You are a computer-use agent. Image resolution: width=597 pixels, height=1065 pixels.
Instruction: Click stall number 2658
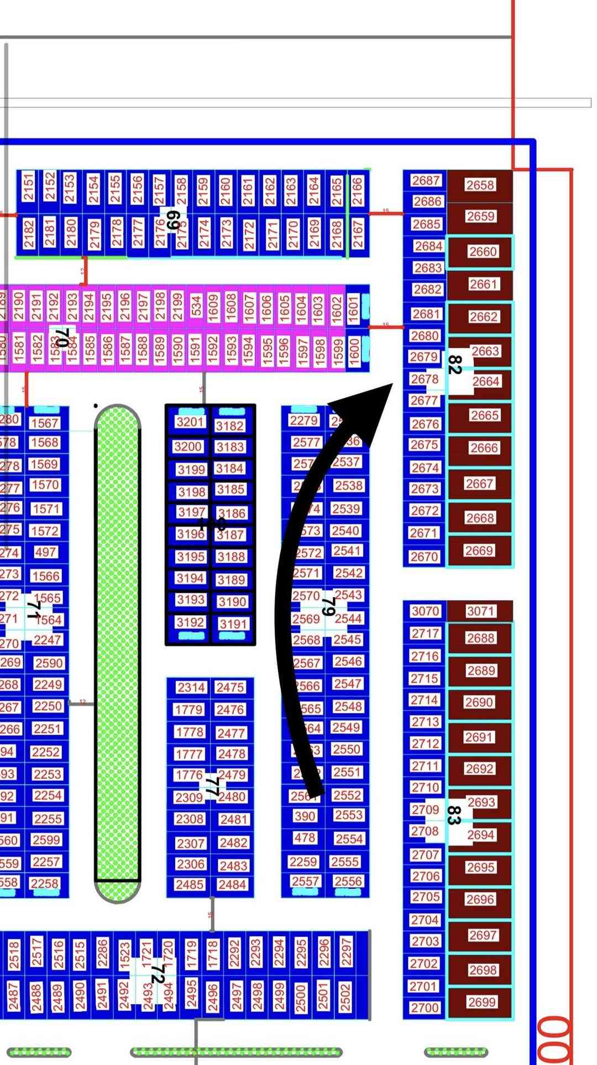[x=480, y=185]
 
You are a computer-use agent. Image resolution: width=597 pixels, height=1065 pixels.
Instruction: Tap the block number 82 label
[x=454, y=365]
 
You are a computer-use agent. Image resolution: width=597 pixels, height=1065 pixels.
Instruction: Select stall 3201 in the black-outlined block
[x=190, y=422]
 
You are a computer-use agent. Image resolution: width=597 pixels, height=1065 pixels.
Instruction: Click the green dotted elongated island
[x=117, y=652]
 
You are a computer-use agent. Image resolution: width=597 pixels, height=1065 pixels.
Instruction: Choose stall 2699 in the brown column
[x=481, y=1002]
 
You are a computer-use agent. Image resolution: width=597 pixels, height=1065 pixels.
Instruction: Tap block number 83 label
[x=453, y=815]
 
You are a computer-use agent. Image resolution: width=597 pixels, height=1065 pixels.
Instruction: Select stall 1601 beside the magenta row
[x=354, y=307]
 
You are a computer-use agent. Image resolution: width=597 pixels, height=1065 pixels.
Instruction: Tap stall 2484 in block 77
[x=232, y=885]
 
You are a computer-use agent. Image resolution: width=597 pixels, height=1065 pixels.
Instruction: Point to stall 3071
[x=480, y=611]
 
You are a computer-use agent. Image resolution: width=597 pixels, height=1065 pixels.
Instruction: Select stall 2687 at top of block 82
[x=426, y=181]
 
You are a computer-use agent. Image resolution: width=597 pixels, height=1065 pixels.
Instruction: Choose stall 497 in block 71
[x=45, y=552]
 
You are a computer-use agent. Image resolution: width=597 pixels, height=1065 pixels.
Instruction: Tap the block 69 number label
[x=172, y=219]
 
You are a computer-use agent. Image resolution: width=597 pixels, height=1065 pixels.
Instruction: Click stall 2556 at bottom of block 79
[x=348, y=882]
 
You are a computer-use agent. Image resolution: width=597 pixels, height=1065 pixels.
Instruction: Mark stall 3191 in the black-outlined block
[x=233, y=624]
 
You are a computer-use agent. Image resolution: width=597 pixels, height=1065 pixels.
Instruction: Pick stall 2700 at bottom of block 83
[x=425, y=1008]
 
